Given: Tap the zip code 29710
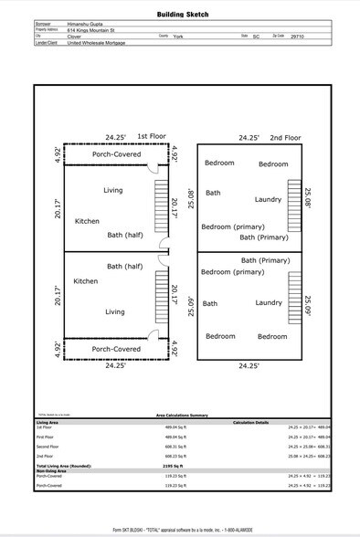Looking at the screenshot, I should pyautogui.click(x=297, y=37).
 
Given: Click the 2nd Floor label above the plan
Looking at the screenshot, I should pyautogui.click(x=285, y=137).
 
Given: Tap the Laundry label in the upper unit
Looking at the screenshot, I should pyautogui.click(x=268, y=199).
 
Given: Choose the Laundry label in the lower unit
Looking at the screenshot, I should pyautogui.click(x=268, y=303).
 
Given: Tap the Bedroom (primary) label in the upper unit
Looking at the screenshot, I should pyautogui.click(x=233, y=226).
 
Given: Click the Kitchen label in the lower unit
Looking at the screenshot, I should pyautogui.click(x=86, y=281).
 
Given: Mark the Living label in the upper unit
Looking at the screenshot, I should pyautogui.click(x=112, y=190).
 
